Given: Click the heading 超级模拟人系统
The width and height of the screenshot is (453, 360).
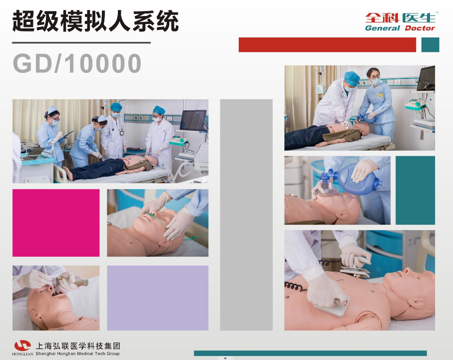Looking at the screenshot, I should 95,22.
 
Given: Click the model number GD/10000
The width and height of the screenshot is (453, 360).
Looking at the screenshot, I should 77,64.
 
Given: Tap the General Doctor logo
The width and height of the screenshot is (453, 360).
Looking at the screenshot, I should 400,21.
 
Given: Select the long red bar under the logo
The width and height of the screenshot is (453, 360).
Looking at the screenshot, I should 327,45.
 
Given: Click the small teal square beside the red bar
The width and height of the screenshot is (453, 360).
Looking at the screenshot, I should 430,45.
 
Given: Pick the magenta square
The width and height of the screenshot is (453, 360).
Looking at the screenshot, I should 56,223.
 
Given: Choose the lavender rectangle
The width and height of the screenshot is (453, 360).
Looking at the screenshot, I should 157,298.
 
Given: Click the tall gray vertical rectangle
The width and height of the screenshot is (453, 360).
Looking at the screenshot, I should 246,215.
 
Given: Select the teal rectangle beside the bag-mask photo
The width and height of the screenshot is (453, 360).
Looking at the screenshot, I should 415,190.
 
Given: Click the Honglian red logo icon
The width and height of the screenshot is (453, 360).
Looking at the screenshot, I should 22,346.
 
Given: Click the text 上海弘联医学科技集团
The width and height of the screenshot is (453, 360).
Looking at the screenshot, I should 78,346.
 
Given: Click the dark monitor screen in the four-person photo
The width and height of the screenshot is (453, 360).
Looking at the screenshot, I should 193,120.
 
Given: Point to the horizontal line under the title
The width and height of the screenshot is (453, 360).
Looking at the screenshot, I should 81,43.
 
